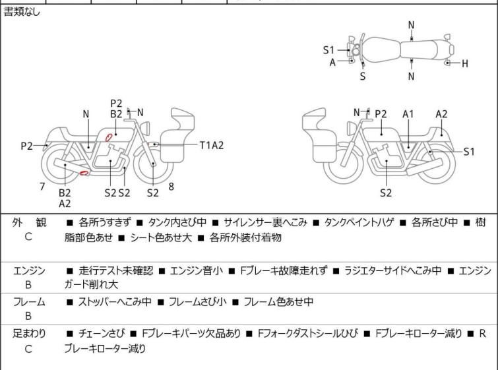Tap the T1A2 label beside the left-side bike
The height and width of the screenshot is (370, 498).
212,145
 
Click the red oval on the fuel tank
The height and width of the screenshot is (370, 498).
104,137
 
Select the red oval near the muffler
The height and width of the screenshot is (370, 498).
84,173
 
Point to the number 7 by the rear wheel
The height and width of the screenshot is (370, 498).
42,187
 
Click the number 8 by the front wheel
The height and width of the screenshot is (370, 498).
171,187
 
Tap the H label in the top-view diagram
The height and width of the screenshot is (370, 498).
464,63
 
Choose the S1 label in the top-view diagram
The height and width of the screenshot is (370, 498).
329,49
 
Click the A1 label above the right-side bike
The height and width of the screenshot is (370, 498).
409,114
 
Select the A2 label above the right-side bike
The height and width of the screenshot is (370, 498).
441,114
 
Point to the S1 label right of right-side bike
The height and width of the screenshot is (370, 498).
469,151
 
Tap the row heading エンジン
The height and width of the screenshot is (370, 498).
29,270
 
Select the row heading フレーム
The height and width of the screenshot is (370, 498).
29,302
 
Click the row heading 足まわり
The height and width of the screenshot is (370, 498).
29,334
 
